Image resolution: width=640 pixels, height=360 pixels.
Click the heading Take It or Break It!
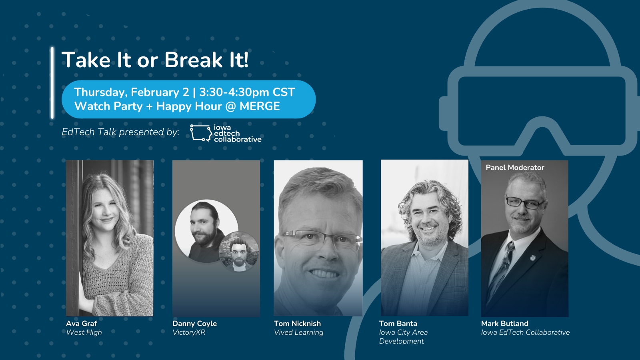155,60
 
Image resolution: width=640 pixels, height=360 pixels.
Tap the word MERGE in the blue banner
260,106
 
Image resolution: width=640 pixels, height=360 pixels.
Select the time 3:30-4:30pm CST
247,92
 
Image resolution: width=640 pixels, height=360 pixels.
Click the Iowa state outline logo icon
201,133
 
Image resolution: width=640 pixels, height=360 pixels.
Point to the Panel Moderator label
515,168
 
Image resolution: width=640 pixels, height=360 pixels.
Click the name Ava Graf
82,324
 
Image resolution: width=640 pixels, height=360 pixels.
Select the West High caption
84,332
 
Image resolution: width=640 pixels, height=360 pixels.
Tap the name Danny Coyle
194,324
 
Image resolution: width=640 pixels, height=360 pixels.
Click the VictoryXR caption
189,332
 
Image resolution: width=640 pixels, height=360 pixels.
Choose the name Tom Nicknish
298,324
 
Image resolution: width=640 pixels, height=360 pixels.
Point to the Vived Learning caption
298,332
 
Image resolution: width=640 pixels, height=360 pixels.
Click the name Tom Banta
398,324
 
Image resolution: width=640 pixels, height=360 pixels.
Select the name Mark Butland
504,324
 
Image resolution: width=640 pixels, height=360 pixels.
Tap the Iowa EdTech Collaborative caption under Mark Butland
526,332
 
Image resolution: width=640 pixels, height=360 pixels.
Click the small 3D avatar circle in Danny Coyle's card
239,252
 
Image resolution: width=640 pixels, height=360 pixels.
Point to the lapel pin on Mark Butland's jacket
532,258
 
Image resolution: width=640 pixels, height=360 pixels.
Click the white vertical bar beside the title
52,82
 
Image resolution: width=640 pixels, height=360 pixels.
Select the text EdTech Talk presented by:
120,132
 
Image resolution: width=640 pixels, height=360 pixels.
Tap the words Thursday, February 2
132,92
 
